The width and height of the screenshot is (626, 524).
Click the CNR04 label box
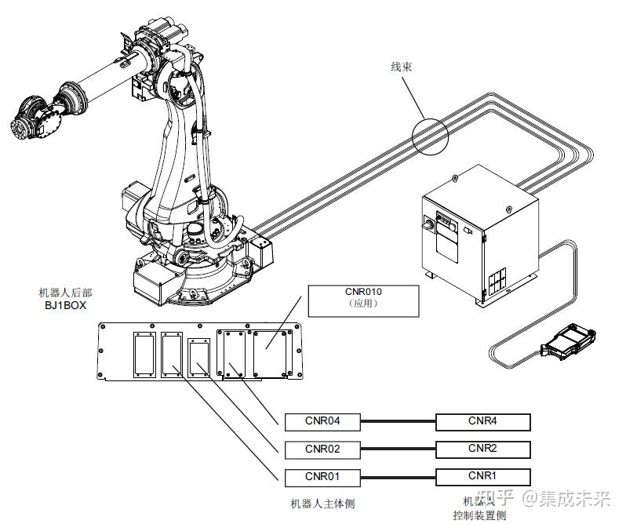(x=322, y=422)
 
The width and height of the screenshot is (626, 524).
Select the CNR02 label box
(x=322, y=449)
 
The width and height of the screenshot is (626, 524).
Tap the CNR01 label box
(x=322, y=478)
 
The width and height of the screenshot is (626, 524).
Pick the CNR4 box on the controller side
(x=483, y=422)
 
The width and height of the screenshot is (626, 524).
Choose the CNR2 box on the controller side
(x=483, y=449)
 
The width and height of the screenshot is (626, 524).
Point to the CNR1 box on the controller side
(x=483, y=477)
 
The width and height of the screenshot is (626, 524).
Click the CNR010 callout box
(x=363, y=301)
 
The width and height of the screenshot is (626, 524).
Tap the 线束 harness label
(x=401, y=67)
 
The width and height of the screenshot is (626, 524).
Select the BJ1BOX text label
(x=65, y=306)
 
